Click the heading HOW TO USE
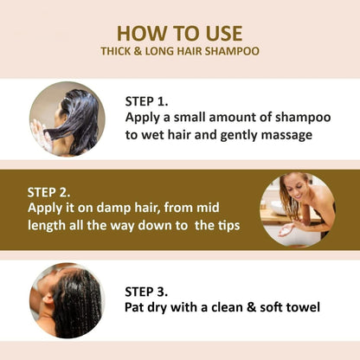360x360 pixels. pyautogui.click(x=179, y=32)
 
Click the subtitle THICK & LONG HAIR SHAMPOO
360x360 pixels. pyautogui.click(x=179, y=52)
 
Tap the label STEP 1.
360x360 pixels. pyautogui.click(x=153, y=99)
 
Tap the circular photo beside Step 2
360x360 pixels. pyautogui.click(x=297, y=211)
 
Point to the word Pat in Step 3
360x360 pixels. pyautogui.click(x=138, y=308)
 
